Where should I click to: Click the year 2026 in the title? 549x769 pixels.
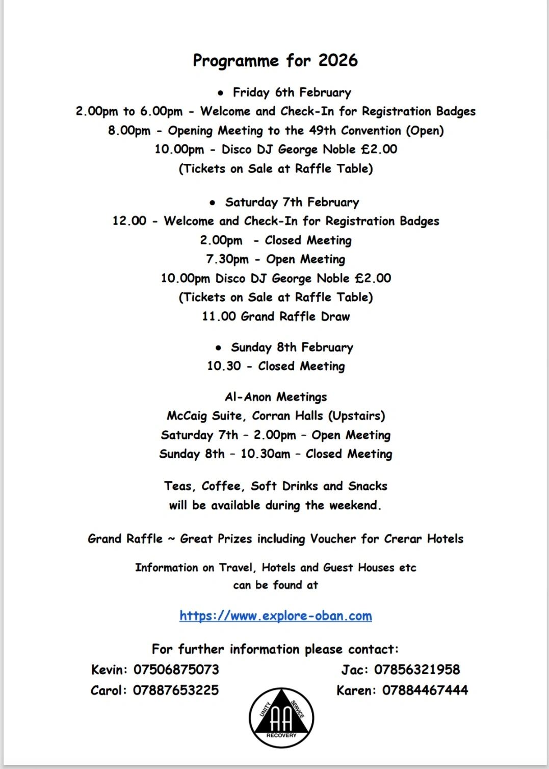(x=337, y=61)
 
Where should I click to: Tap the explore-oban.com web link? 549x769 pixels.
(x=275, y=616)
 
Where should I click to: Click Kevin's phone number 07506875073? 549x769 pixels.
(x=176, y=669)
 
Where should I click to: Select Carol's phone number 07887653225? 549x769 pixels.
(x=175, y=690)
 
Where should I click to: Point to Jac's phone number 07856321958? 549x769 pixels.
(x=416, y=669)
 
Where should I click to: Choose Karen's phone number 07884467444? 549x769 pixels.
(x=425, y=690)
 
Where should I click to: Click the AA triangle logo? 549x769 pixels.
(x=281, y=717)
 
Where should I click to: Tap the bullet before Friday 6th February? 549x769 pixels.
(x=220, y=93)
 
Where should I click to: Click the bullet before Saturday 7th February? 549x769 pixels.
(x=213, y=203)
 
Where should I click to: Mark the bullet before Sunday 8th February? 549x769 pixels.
(x=218, y=348)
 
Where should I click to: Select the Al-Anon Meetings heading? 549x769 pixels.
(x=276, y=397)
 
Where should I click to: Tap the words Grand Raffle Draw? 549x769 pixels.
(x=295, y=316)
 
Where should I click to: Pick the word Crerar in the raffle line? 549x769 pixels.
(x=403, y=539)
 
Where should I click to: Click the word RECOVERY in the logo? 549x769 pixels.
(x=281, y=735)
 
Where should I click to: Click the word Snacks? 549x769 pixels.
(x=368, y=486)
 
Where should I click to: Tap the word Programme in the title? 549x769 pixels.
(x=236, y=61)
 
